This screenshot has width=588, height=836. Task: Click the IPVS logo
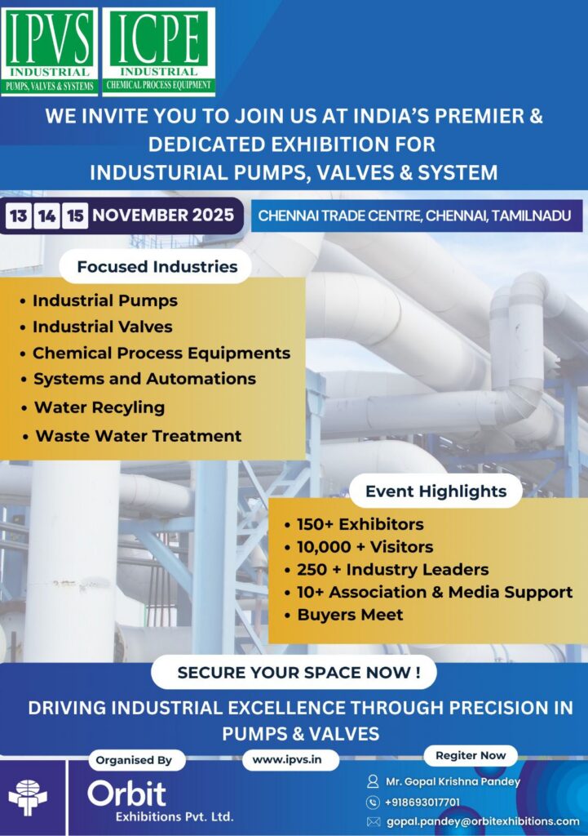50,51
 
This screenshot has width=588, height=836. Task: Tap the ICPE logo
158,51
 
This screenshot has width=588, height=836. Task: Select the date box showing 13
18,216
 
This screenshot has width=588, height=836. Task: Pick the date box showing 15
74,216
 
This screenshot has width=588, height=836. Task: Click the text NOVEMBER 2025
163,215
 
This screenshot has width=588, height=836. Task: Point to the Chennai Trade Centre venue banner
417,216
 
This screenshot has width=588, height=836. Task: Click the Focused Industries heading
157,267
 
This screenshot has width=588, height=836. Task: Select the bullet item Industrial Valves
102,327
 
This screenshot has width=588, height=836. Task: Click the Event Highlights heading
435,491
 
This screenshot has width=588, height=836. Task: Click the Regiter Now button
471,755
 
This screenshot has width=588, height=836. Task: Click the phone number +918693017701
422,803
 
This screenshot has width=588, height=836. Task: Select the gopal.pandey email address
483,821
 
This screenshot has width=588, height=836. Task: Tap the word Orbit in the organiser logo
126,794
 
